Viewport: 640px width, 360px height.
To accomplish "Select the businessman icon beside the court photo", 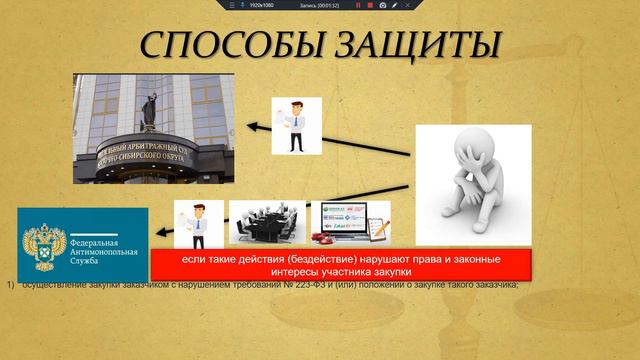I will (x=296, y=124).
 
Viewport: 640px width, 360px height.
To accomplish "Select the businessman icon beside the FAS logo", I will (x=198, y=225).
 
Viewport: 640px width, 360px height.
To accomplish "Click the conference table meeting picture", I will (x=267, y=223).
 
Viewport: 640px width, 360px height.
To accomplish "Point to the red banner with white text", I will (x=340, y=265).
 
